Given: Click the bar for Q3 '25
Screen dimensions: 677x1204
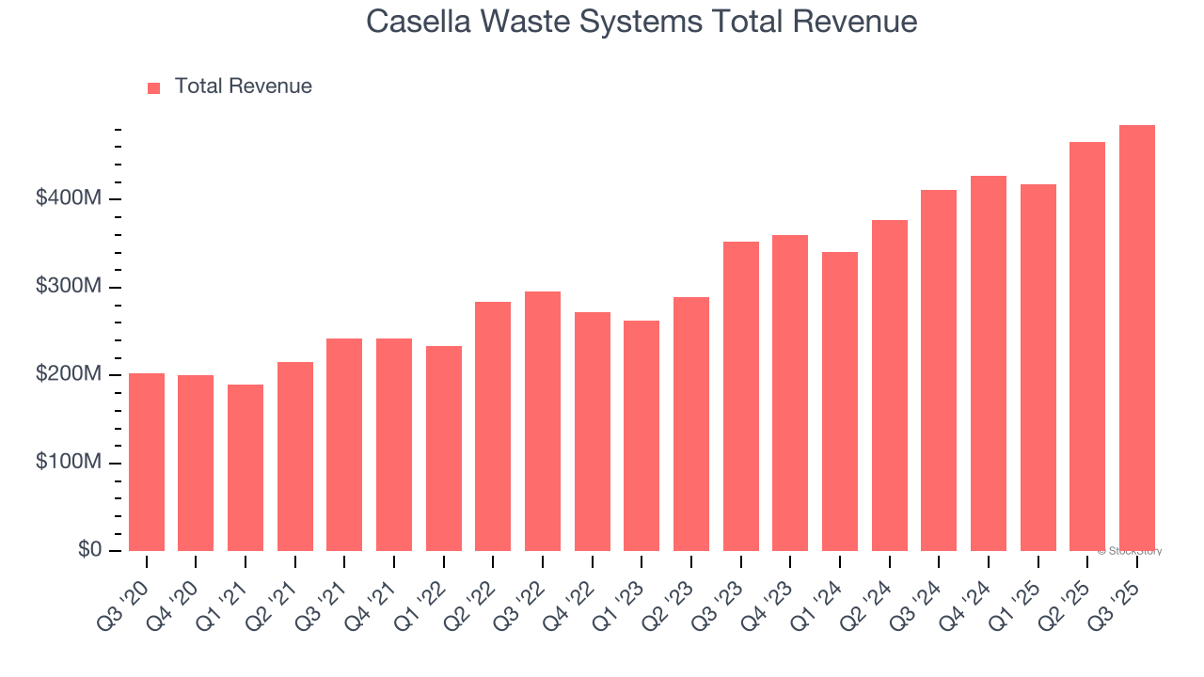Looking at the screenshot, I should (1136, 338).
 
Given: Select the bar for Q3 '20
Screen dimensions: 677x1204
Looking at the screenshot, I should (147, 462).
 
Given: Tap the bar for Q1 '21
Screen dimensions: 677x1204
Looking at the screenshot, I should (246, 467).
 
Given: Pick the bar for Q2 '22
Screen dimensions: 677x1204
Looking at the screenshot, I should (493, 426).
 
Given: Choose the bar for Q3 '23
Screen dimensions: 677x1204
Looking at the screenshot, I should (740, 396).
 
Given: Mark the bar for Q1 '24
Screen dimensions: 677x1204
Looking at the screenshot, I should (840, 401).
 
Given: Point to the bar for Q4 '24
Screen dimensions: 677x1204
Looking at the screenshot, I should (988, 363).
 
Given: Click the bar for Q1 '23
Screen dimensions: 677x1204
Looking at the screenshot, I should (642, 435).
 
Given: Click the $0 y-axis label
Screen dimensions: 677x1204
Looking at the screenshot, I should (90, 550).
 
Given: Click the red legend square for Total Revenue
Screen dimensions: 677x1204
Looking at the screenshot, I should (154, 87).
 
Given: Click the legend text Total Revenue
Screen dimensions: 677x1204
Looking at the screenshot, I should (243, 87).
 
